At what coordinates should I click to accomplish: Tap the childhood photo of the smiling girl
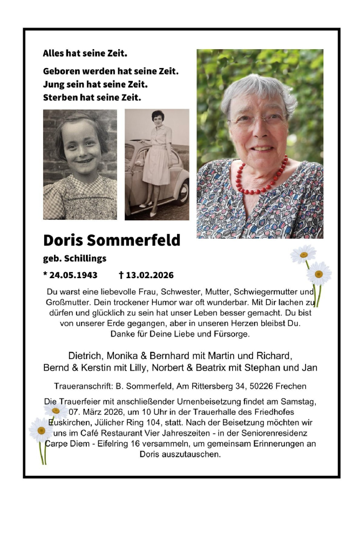coord(80,164)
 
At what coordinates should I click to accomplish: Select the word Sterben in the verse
coord(60,98)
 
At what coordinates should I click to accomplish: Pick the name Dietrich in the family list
coord(85,356)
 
